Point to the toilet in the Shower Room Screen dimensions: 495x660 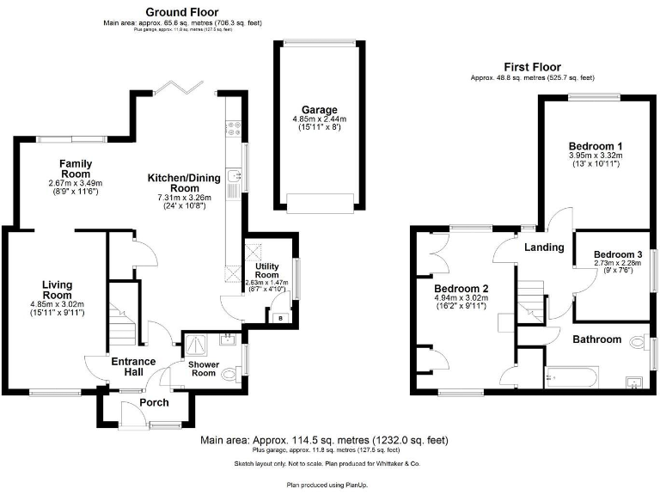pos(229,374)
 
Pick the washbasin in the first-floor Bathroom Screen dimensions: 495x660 pos(635,381)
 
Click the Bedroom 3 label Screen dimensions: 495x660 pos(618,254)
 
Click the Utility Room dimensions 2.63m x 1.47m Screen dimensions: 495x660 pos(266,283)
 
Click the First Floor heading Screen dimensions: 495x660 pos(533,66)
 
